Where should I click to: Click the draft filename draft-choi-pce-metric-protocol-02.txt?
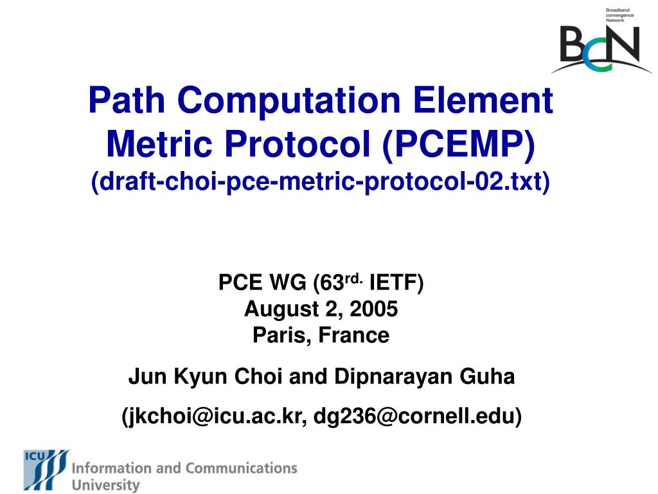click(x=320, y=182)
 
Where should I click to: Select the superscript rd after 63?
click(x=355, y=278)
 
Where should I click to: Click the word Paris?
click(x=279, y=335)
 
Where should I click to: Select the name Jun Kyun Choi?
click(x=206, y=376)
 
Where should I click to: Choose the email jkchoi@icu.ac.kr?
click(x=213, y=416)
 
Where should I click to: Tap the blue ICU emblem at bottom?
click(x=46, y=470)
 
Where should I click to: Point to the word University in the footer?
click(x=105, y=484)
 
